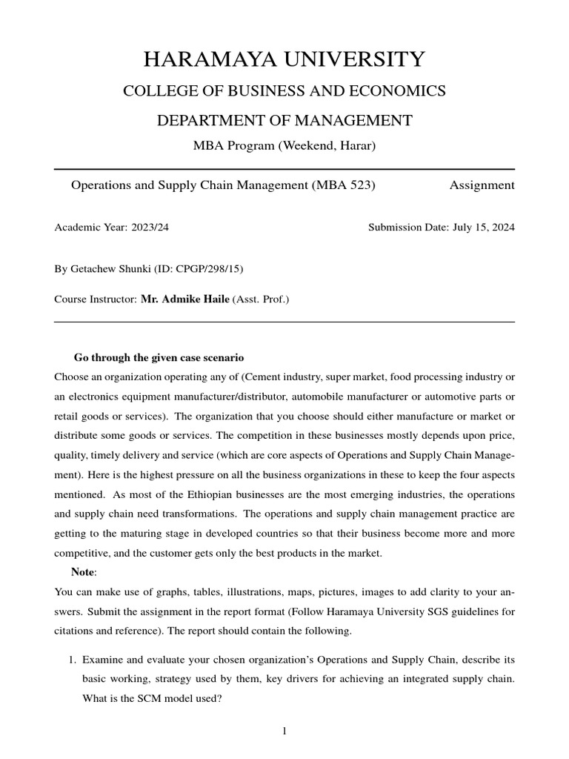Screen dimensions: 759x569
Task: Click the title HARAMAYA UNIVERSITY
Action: click(284, 59)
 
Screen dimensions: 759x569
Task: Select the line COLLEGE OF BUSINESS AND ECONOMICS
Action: click(284, 91)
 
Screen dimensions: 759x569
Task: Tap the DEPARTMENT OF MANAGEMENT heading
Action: click(284, 120)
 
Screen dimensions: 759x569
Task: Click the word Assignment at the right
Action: click(482, 185)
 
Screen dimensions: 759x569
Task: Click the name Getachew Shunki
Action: click(107, 268)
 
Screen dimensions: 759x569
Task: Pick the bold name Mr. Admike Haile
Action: click(185, 299)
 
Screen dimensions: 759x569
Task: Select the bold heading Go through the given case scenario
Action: click(159, 358)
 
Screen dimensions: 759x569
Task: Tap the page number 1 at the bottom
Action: click(284, 732)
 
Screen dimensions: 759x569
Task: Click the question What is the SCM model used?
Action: click(152, 697)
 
